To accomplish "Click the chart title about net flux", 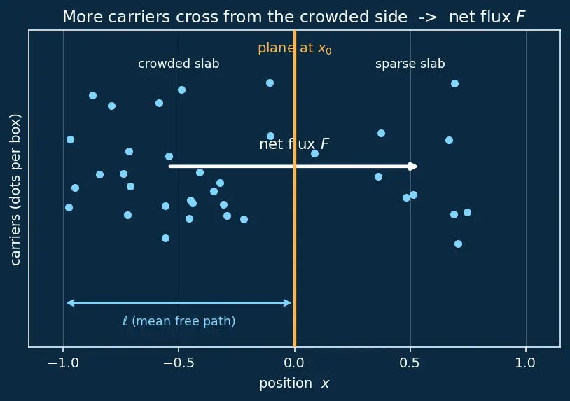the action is coord(293,17).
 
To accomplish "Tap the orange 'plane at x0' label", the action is coord(294,48).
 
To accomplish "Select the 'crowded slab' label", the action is coord(179,64).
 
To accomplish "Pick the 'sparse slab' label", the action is coord(410,64).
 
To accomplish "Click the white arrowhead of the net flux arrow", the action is coord(413,167).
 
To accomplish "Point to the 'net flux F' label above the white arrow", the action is coord(294,144).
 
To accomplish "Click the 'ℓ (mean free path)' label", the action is coord(179,321).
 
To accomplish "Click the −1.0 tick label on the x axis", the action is coord(63,363).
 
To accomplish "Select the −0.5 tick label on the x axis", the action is coord(179,363).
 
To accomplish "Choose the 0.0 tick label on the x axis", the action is coord(294,363).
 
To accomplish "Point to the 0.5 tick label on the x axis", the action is coord(410,363).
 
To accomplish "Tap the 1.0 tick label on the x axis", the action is coord(526,363).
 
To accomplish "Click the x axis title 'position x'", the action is coord(294,384).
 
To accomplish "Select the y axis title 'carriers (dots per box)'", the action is coord(15,190).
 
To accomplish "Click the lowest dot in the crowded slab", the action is coord(165,238).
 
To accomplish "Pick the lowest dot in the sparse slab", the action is coord(458,244).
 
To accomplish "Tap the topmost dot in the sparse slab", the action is coord(454,83).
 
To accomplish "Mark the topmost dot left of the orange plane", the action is coord(270,83).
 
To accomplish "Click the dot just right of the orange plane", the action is coord(315,153).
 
